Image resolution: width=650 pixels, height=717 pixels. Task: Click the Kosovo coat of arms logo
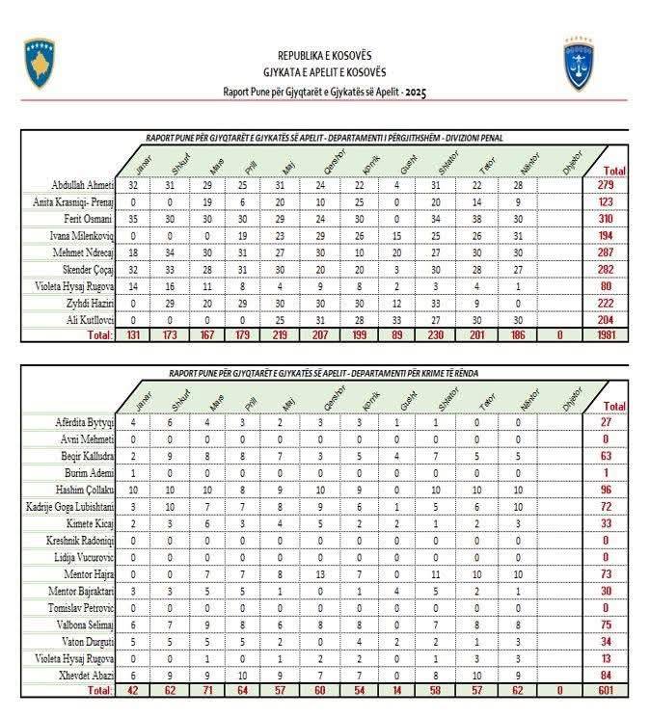coord(40,64)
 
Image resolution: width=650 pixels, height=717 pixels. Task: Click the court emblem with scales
coord(578,64)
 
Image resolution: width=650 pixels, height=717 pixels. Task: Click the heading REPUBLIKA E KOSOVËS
coord(324,56)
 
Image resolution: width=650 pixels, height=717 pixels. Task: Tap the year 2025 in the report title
coord(416,92)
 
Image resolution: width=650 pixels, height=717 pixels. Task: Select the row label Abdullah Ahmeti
coord(84,185)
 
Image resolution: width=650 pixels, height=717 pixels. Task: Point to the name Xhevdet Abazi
coord(85,675)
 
